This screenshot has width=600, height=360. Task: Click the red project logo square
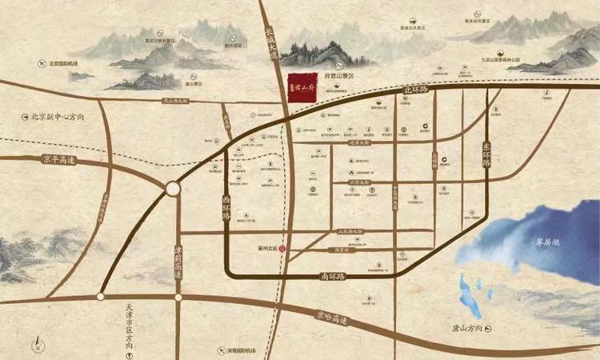[300, 83]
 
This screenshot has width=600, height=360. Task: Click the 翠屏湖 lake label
[550, 242]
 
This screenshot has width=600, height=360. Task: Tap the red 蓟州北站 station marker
[281, 249]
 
